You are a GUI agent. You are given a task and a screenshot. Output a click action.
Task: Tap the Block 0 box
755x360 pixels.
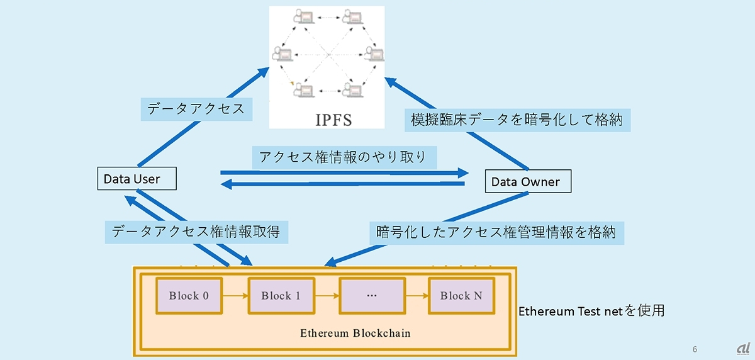(x=188, y=296)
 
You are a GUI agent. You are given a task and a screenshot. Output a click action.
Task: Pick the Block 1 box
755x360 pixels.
(x=281, y=296)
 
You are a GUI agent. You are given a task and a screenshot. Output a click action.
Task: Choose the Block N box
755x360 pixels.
(x=461, y=296)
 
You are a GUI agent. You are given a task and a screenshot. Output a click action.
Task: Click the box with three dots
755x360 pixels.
(x=371, y=296)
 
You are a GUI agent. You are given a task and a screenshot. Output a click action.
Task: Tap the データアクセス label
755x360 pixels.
(x=196, y=108)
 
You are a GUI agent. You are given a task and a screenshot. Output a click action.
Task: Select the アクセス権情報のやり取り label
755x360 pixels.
(x=344, y=155)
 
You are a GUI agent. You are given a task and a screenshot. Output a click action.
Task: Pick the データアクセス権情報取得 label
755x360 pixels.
(x=196, y=232)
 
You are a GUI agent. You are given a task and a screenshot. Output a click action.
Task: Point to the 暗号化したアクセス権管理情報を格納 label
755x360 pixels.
(x=496, y=232)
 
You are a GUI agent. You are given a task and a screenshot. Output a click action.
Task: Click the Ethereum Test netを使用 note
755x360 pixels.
(x=591, y=310)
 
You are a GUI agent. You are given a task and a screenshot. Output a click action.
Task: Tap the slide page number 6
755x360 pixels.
(x=695, y=348)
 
